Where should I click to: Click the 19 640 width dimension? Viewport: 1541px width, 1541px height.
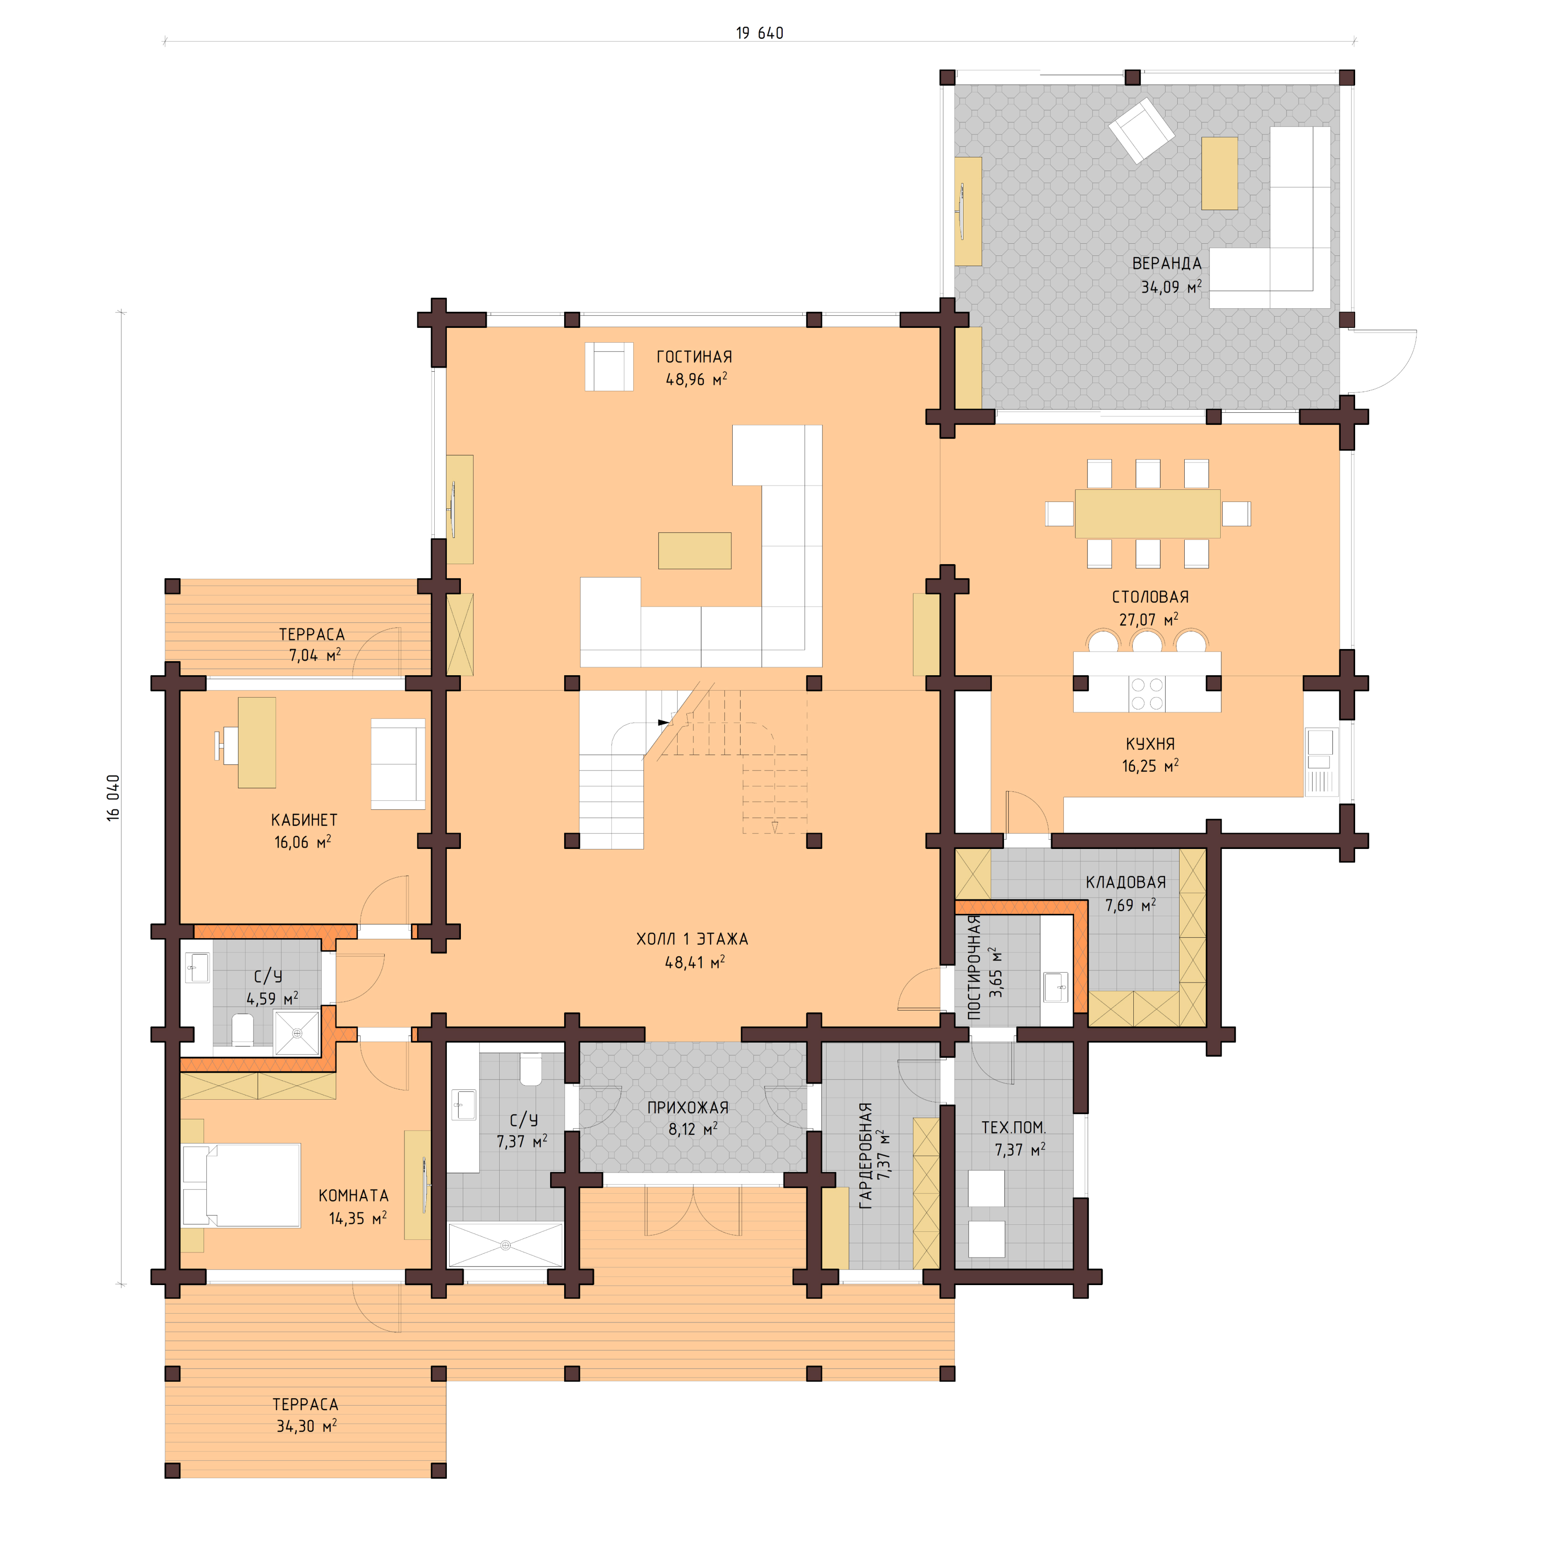pyautogui.click(x=759, y=33)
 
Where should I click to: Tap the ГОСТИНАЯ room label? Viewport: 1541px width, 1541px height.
pyautogui.click(x=694, y=357)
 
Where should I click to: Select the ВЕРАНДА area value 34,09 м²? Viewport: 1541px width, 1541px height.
pyautogui.click(x=1170, y=287)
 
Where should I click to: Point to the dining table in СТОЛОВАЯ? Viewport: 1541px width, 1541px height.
pyautogui.click(x=1147, y=514)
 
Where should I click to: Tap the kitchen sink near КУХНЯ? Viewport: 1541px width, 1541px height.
pyautogui.click(x=1319, y=742)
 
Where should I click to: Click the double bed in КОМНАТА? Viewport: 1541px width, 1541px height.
pyautogui.click(x=241, y=1185)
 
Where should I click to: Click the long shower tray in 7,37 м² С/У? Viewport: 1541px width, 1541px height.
pyautogui.click(x=506, y=1244)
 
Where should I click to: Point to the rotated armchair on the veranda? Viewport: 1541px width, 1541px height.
pyautogui.click(x=1141, y=130)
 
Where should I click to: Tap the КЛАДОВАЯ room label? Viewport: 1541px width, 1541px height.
pyautogui.click(x=1125, y=882)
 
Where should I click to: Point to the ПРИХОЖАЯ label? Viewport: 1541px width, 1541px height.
pyautogui.click(x=687, y=1107)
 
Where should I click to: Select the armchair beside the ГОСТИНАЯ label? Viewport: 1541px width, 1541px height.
pyautogui.click(x=609, y=367)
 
